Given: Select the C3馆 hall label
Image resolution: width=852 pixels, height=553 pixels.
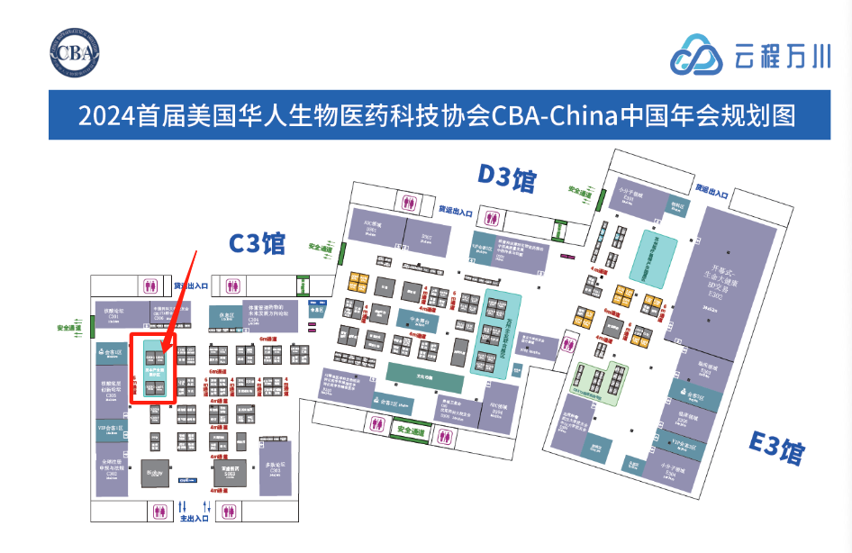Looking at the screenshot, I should (x=257, y=243).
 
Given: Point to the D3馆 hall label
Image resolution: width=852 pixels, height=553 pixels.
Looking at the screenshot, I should (x=507, y=178).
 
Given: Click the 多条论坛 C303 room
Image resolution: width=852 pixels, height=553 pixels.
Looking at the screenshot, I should (x=275, y=469).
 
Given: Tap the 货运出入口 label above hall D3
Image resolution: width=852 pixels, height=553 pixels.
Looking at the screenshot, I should (x=456, y=210).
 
